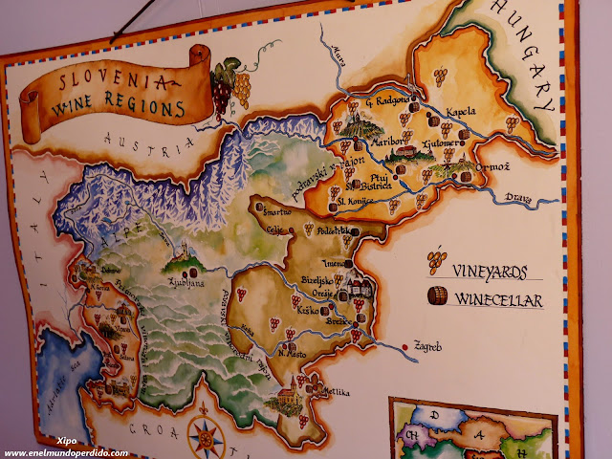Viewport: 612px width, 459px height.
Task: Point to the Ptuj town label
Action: tap(381, 181)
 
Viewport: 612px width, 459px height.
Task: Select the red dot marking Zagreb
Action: tap(408, 345)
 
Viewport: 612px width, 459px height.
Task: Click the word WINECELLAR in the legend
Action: tap(498, 300)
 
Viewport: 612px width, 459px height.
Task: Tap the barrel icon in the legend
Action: tap(436, 295)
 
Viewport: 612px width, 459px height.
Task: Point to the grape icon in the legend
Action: tap(436, 260)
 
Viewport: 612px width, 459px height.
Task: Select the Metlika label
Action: tap(334, 393)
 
